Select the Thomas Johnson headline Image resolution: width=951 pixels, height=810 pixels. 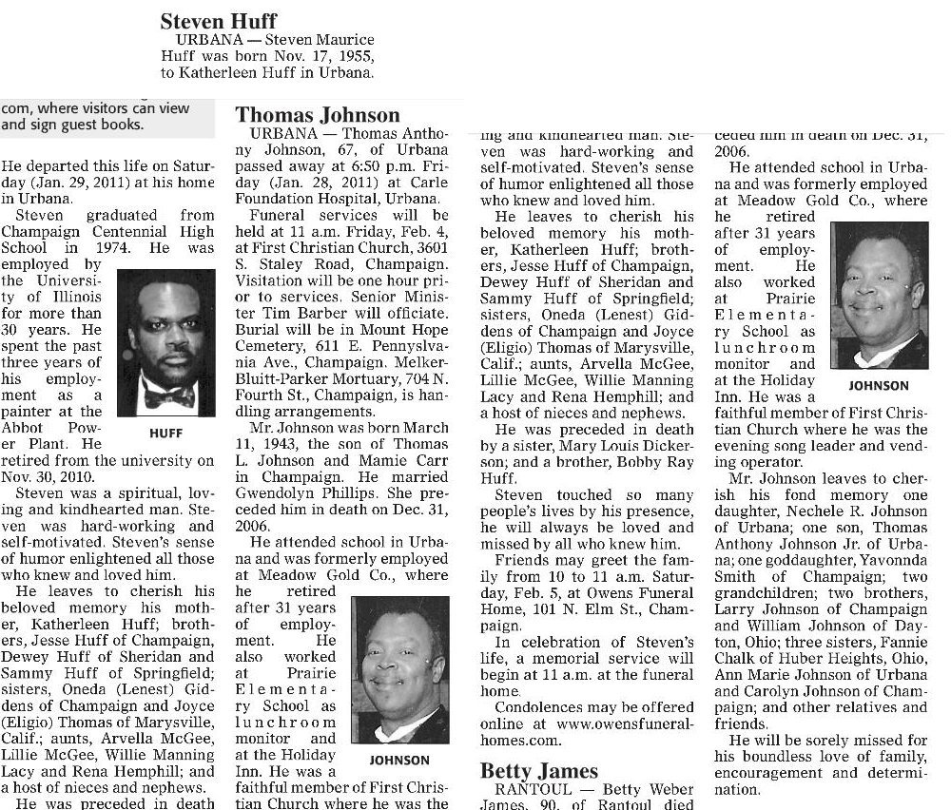coord(318,116)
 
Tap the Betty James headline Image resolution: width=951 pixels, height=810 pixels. coord(539,770)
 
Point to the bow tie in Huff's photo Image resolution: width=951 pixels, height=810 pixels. coord(168,393)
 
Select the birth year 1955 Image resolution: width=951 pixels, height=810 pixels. coord(355,55)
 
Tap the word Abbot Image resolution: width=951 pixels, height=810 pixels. coord(22,427)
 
